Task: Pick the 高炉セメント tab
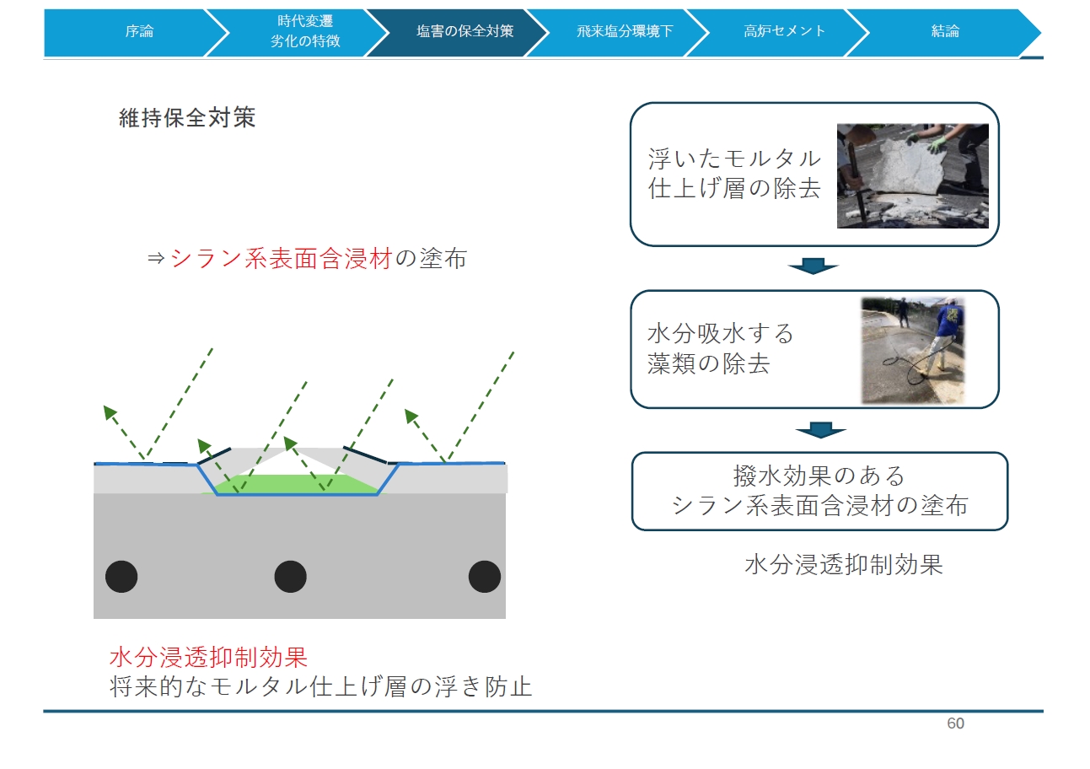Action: coord(784,32)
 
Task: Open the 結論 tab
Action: coord(945,32)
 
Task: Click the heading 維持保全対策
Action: coord(187,118)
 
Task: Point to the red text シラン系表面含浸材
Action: coord(282,259)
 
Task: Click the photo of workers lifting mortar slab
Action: coord(912,175)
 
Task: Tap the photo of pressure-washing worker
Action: coord(913,351)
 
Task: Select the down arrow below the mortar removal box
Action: coord(813,266)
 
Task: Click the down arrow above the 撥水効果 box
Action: coord(821,430)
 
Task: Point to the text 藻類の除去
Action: coord(708,363)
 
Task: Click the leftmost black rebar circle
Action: coord(121,577)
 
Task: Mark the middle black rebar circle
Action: coord(291,577)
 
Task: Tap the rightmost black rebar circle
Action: coord(485,577)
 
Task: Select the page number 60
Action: coord(955,723)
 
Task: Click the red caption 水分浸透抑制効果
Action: coord(209,657)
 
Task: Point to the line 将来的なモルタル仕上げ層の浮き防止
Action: coord(321,686)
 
